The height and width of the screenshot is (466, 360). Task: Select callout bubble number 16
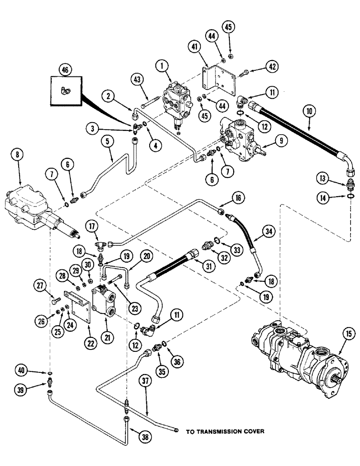[x=237, y=199]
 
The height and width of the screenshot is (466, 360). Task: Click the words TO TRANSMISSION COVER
[x=225, y=432]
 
